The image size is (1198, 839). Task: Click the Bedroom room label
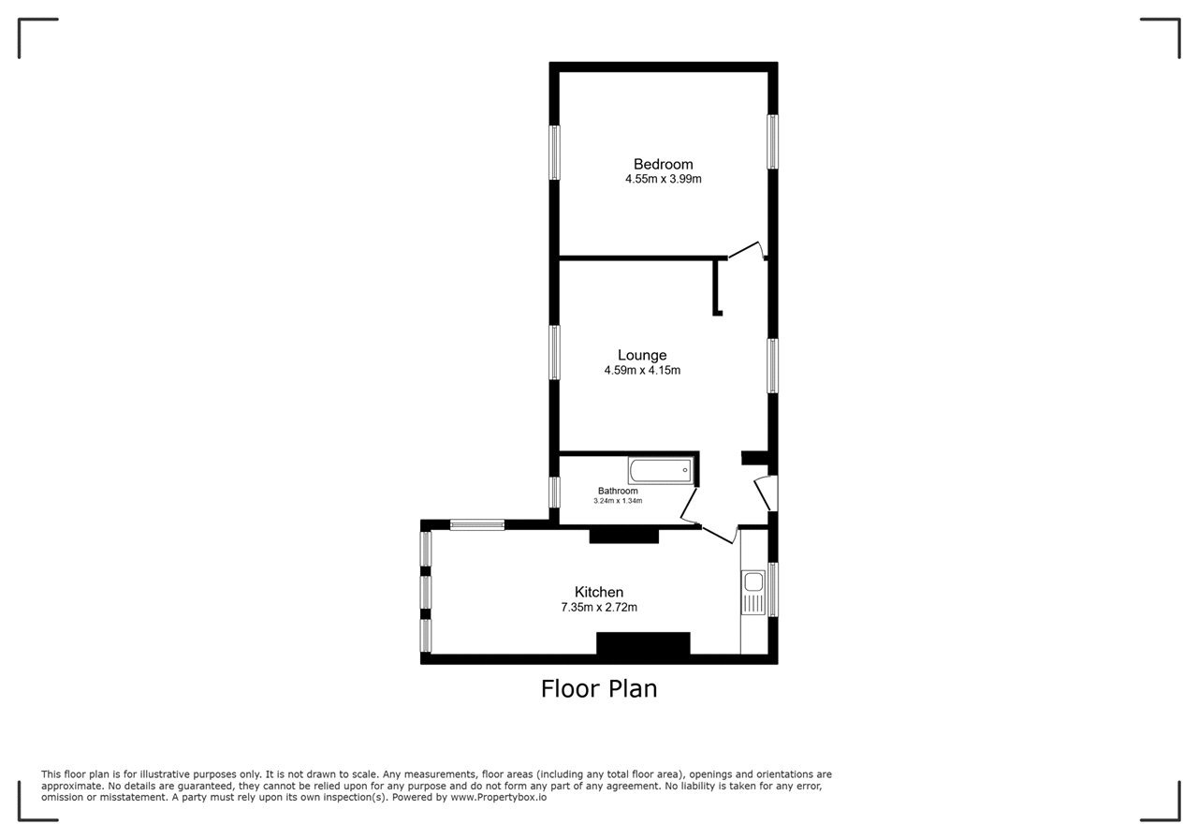pos(664,164)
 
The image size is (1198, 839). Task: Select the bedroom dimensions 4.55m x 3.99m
pos(664,179)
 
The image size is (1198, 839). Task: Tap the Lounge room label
pos(642,355)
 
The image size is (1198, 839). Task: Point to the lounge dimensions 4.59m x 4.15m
pos(642,370)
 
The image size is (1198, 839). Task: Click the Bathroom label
pos(618,491)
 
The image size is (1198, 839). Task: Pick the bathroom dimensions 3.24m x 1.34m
pos(618,501)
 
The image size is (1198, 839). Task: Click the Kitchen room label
pos(599,593)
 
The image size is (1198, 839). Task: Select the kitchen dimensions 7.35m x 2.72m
pos(599,608)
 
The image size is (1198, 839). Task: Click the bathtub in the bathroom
pos(661,471)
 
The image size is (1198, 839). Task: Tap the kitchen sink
pos(753,593)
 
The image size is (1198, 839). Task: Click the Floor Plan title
pos(599,688)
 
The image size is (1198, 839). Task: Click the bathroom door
pos(689,505)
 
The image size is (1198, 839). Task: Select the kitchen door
pos(720,535)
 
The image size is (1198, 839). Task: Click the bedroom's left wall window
pos(555,153)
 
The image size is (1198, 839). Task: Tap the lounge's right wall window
pos(772,366)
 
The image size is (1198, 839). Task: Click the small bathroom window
pos(555,493)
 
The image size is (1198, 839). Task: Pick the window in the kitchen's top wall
pos(477,525)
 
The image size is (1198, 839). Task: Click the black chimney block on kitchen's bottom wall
pos(643,643)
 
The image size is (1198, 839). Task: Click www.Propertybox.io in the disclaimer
pos(499,797)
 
